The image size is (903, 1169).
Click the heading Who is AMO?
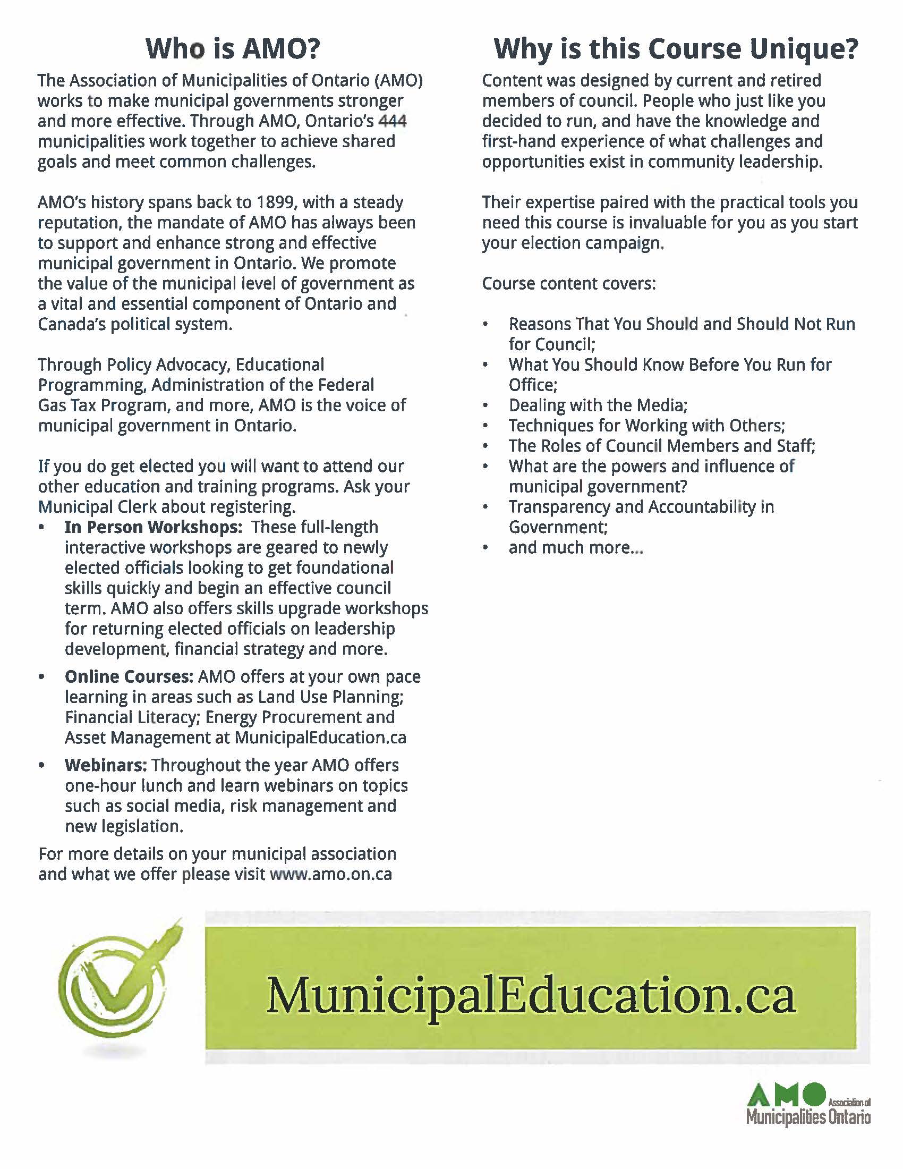(x=233, y=49)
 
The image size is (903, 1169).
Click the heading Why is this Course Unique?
(x=676, y=49)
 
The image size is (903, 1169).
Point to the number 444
(x=392, y=121)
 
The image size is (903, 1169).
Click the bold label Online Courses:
(x=129, y=676)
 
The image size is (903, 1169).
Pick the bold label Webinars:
(x=105, y=765)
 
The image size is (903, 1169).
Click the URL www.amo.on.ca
(x=331, y=874)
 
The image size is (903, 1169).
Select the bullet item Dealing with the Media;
(x=598, y=405)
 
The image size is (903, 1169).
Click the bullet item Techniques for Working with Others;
(x=646, y=426)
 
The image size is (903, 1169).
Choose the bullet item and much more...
(x=576, y=547)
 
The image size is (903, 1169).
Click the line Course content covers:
(x=569, y=283)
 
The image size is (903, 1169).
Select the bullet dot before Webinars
(x=42, y=765)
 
